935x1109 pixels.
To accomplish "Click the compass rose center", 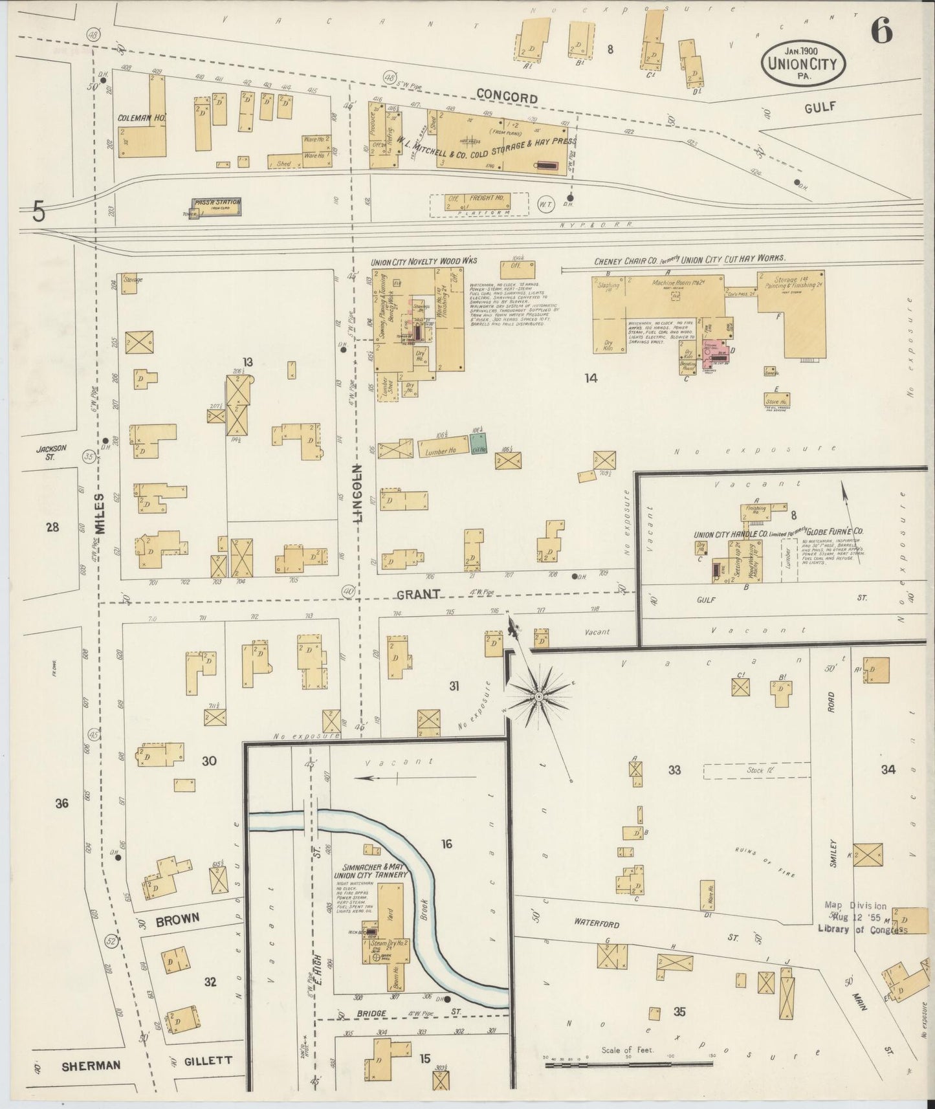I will [538, 696].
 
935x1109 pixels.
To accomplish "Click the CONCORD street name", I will [507, 98].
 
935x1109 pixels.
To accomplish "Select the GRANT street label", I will [419, 593].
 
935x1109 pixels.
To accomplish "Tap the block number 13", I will [247, 361].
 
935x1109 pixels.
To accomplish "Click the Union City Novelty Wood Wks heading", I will [424, 261].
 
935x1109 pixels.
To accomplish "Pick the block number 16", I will [446, 844].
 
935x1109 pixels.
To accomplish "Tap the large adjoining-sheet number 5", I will [39, 212].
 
